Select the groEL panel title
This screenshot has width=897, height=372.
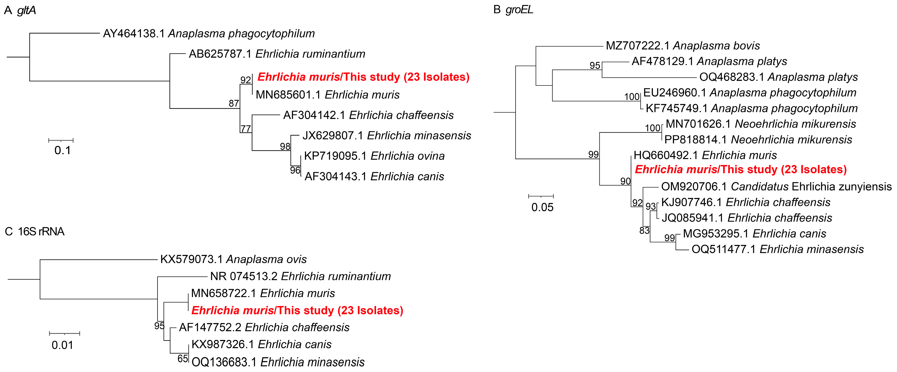pos(513,10)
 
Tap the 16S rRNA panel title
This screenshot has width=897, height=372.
pos(35,231)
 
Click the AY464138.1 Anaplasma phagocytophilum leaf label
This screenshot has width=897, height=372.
pos(209,33)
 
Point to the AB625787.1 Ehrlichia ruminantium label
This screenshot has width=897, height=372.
pos(277,54)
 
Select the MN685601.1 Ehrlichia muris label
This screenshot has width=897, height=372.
pos(327,95)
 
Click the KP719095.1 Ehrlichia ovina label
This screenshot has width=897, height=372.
pos(374,156)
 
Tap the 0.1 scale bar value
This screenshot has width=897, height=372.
pos(62,150)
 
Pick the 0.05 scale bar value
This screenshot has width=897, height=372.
pos(542,207)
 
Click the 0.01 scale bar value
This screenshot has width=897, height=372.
pos(62,345)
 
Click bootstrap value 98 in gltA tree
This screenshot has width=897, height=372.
pos(285,146)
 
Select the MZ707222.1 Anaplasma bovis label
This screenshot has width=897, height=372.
pos(683,45)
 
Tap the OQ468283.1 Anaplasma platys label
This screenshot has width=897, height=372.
pos(778,77)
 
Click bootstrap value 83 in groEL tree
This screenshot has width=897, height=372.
pos(644,230)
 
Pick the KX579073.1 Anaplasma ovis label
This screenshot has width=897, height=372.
pos(233,259)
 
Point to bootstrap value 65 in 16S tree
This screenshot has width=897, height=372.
pos(182,359)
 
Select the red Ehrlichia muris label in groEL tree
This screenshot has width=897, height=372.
pos(741,170)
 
